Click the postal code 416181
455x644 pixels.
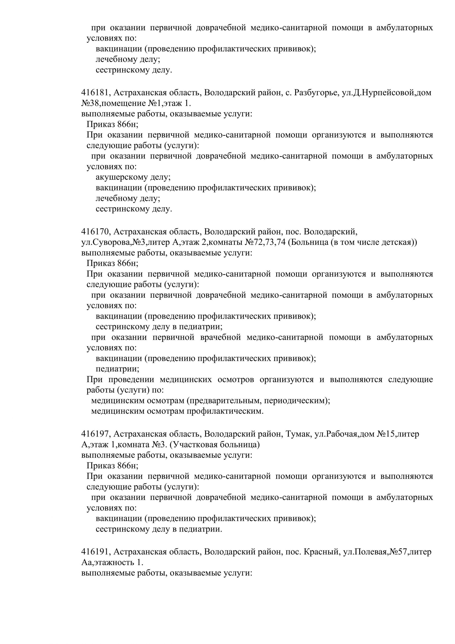(x=95, y=92)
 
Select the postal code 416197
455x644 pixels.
(x=95, y=434)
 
